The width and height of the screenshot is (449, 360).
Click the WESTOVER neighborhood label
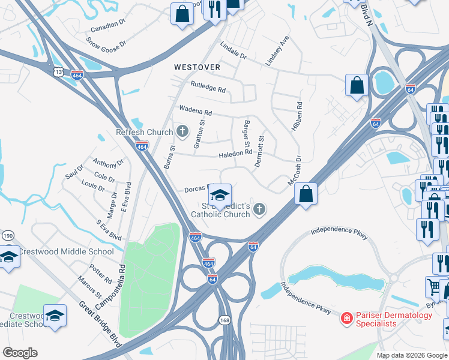coord(197,67)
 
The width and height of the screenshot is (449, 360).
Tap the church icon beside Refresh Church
coord(182,131)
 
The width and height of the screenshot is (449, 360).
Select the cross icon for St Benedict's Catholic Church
coord(259,209)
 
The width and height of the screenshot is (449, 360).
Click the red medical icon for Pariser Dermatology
coord(346,317)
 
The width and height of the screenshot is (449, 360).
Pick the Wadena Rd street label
coord(196,111)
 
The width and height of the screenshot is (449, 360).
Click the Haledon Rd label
coord(235,154)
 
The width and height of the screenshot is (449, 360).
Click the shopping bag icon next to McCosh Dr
coord(306,194)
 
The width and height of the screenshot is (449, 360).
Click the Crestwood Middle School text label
coord(66,251)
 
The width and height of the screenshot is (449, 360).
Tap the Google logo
coord(20,353)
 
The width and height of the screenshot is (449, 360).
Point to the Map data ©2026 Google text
coord(411,355)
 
